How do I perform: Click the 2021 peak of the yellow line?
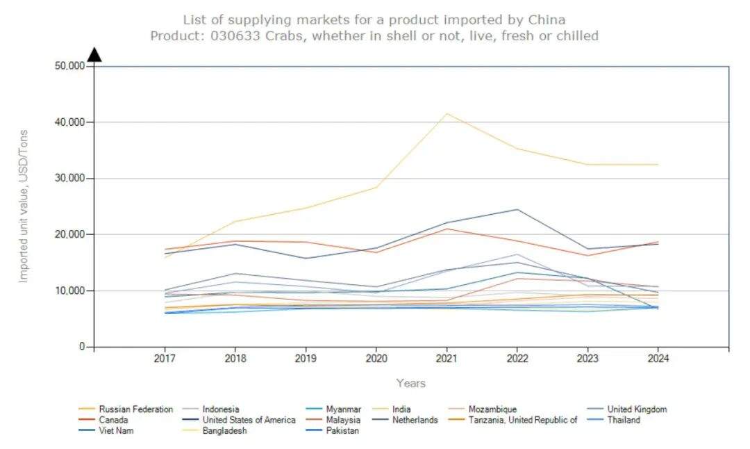point(447,113)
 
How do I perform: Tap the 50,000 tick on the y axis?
point(69,66)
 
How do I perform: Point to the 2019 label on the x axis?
point(306,359)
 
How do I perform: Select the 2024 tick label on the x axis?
point(658,359)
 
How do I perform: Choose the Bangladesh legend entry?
point(224,431)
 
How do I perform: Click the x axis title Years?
point(410,383)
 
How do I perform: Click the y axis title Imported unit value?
point(24,206)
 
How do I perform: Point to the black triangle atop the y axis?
point(94,54)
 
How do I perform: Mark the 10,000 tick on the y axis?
point(69,291)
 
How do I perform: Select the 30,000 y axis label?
point(69,179)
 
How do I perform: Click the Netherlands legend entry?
point(415,420)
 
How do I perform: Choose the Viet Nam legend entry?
point(116,431)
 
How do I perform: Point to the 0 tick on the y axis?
point(81,347)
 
